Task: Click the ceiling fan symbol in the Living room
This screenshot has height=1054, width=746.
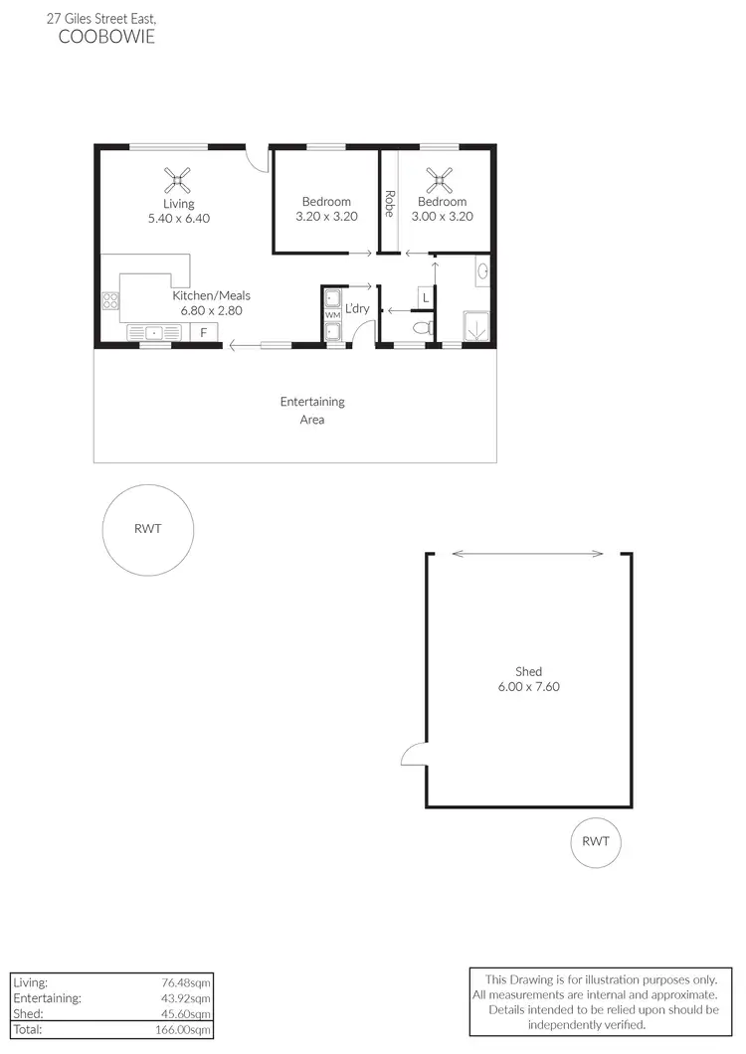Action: [179, 180]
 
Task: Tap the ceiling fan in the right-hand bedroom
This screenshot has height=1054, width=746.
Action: [439, 180]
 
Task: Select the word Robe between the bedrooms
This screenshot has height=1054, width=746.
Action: [389, 203]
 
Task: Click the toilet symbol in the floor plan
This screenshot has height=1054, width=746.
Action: [423, 326]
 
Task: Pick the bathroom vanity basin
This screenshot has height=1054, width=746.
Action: [482, 270]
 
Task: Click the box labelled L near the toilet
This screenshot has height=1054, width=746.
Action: [426, 297]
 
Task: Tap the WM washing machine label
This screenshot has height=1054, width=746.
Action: [332, 315]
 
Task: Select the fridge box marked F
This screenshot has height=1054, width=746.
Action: [204, 333]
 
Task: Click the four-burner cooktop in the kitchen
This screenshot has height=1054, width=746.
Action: [109, 299]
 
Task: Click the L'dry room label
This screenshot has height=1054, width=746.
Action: [357, 309]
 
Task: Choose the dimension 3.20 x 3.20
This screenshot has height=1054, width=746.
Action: [326, 216]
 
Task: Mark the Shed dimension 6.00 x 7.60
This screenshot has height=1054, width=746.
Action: [528, 686]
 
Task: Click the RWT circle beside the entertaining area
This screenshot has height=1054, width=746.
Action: [147, 529]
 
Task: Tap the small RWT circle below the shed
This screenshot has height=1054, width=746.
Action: [595, 841]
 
